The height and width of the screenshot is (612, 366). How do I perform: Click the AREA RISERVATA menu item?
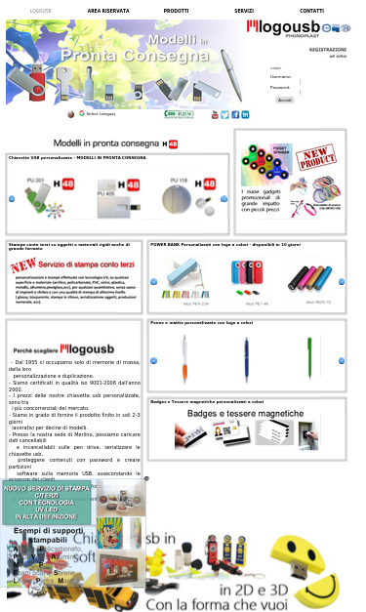[107, 10]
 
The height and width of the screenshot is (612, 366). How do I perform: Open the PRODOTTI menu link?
[176, 10]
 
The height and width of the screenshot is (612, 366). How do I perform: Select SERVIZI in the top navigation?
[244, 10]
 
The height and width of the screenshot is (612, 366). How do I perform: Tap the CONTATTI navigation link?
[311, 10]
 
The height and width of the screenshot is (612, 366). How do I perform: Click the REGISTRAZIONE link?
[327, 49]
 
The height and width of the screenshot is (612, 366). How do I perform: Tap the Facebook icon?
[224, 114]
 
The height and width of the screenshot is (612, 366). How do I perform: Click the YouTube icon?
[215, 114]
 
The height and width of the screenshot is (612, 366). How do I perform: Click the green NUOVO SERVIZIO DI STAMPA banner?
[47, 502]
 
